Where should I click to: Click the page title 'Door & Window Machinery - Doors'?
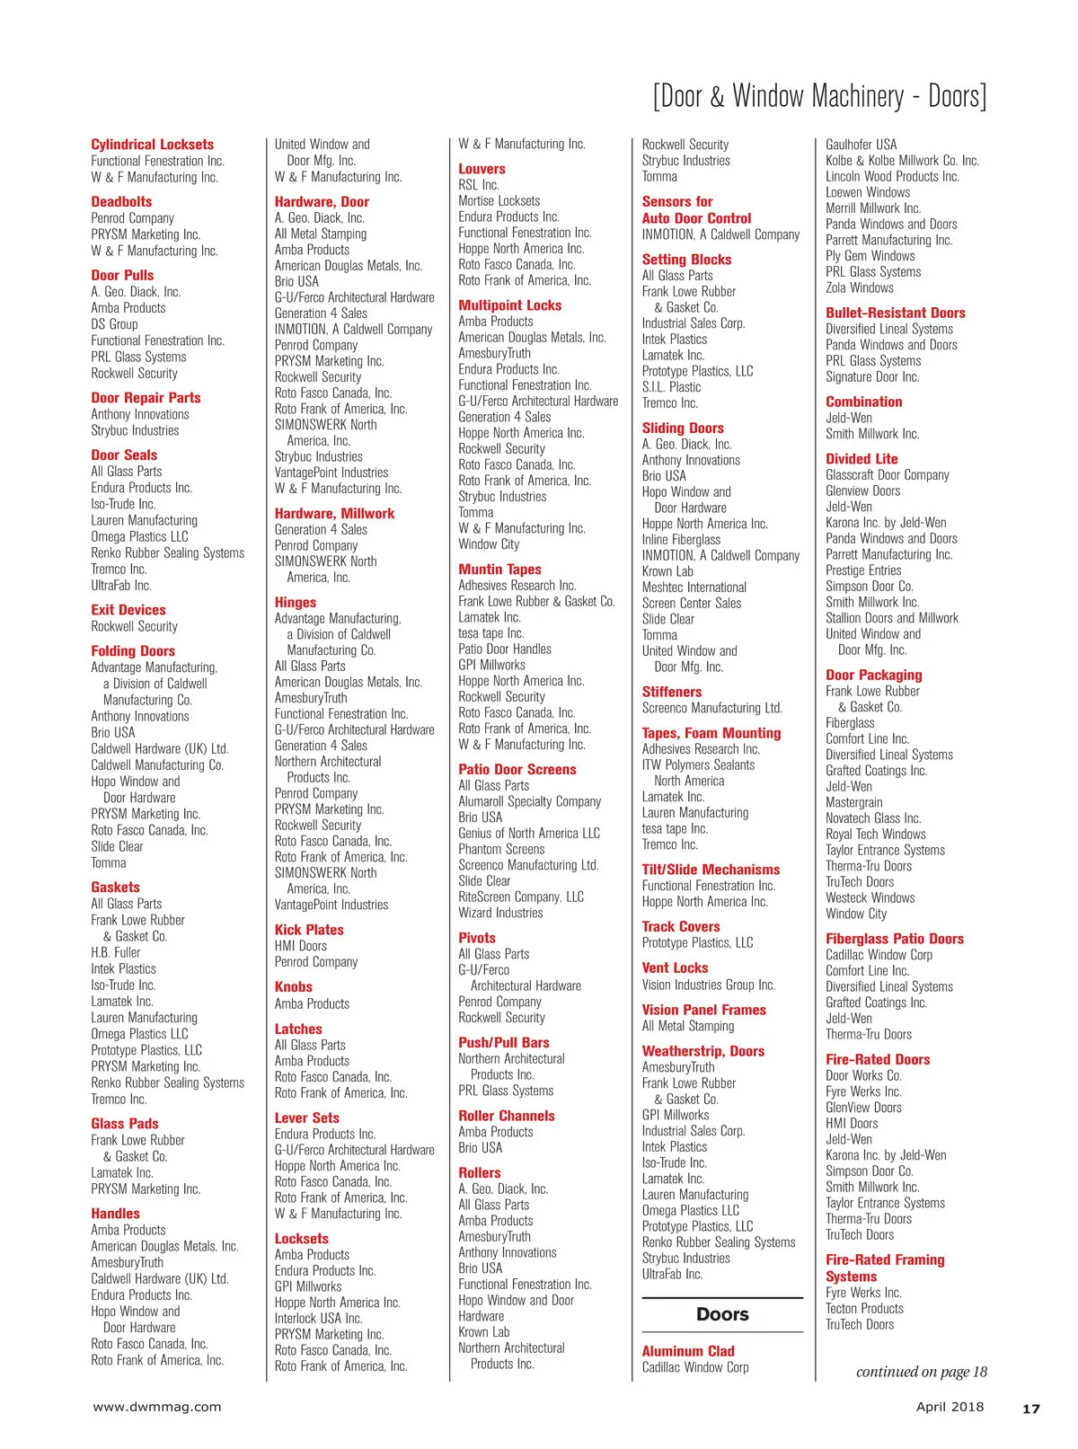[x=818, y=95]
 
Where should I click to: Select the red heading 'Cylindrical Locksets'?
[x=152, y=145]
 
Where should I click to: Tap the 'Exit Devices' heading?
[x=128, y=610]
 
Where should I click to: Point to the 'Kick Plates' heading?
[x=309, y=930]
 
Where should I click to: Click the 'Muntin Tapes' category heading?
[x=499, y=570]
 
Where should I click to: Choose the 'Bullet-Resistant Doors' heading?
[x=896, y=313]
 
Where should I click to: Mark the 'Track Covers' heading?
[x=681, y=926]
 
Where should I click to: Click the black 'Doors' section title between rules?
[x=722, y=1314]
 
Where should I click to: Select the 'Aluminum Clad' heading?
[x=688, y=1351]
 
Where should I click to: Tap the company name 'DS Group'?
[x=114, y=324]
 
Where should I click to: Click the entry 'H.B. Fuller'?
[x=116, y=952]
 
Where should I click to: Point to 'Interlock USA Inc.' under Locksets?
[x=318, y=1319]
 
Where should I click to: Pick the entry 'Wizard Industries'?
[x=500, y=913]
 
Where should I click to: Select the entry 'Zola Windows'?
[x=860, y=288]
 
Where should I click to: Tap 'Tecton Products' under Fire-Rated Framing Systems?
[x=864, y=1309]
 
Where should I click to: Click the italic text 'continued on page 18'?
[x=921, y=1372]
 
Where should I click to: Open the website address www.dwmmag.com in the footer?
[x=157, y=1407]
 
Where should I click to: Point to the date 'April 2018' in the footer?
[x=950, y=1407]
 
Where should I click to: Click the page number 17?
[x=1030, y=1409]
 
